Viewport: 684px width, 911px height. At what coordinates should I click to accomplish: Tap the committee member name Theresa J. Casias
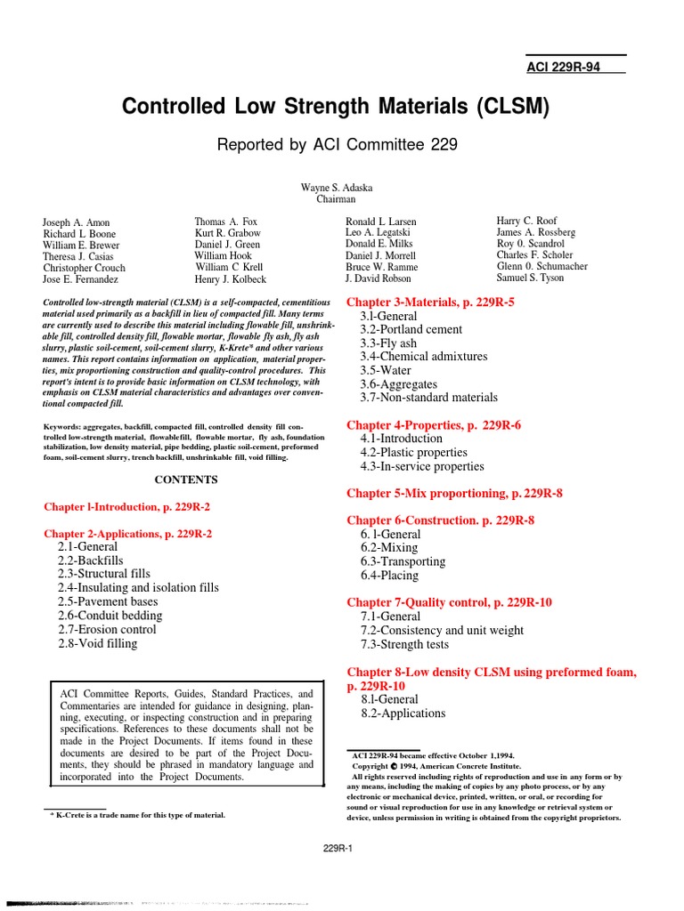pyautogui.click(x=79, y=256)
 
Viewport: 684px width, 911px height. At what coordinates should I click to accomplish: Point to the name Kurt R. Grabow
pyautogui.click(x=227, y=233)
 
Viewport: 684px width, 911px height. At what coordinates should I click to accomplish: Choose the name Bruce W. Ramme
pyautogui.click(x=381, y=267)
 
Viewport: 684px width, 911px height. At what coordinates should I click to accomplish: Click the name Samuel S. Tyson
pyautogui.click(x=530, y=278)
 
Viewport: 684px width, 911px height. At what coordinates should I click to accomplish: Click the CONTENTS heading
pyautogui.click(x=187, y=480)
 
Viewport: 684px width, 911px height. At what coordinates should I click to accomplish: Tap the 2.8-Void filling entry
pyautogui.click(x=97, y=643)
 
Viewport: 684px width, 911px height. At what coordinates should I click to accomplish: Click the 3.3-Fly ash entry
pyautogui.click(x=388, y=343)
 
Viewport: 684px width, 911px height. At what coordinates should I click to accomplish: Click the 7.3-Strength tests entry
pyautogui.click(x=404, y=644)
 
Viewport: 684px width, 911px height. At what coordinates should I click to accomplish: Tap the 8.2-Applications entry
pyautogui.click(x=403, y=713)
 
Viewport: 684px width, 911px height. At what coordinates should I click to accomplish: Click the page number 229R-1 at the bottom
pyautogui.click(x=338, y=848)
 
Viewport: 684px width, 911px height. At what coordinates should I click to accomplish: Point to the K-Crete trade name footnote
pyautogui.click(x=136, y=815)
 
